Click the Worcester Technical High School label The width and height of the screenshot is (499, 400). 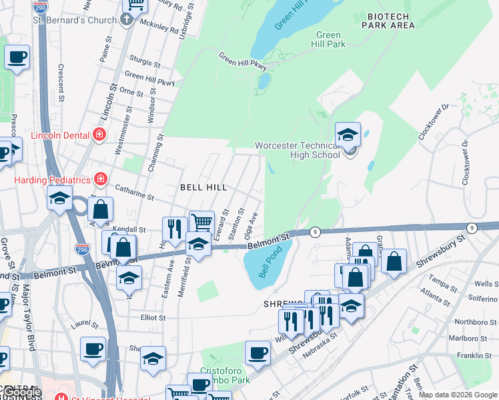pyautogui.click(x=297, y=150)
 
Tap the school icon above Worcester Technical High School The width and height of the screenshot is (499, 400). pyautogui.click(x=348, y=135)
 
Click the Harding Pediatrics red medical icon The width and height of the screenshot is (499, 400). pyautogui.click(x=100, y=179)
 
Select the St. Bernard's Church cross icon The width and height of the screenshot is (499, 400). pyautogui.click(x=127, y=20)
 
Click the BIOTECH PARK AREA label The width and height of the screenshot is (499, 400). pyautogui.click(x=388, y=20)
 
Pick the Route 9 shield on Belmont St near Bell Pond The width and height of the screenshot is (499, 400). pyautogui.click(x=316, y=232)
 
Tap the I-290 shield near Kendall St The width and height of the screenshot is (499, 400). pyautogui.click(x=82, y=250)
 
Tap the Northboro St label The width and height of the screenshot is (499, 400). pyautogui.click(x=473, y=322)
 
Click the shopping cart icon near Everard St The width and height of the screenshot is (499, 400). pyautogui.click(x=201, y=222)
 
